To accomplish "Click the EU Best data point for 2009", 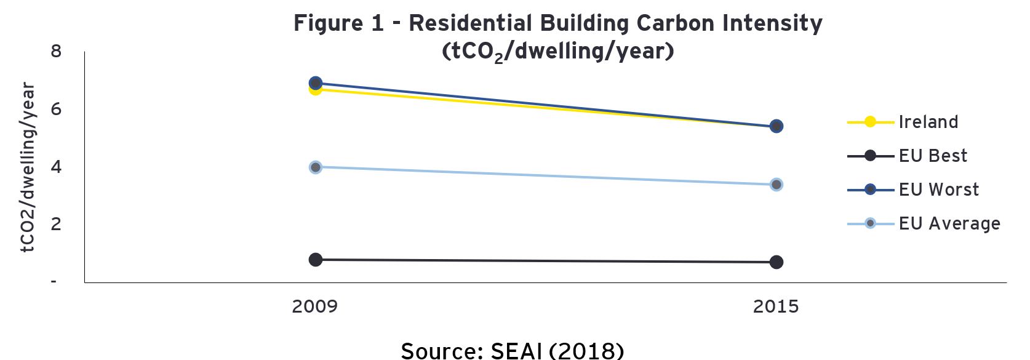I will [x=316, y=260].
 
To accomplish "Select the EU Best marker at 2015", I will [x=776, y=262].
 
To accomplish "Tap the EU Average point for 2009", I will [x=316, y=167].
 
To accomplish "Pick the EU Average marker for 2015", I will [x=776, y=185].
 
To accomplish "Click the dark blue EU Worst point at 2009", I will [x=316, y=82].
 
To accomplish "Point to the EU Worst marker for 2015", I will [x=776, y=126].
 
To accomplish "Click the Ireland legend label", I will [x=928, y=122].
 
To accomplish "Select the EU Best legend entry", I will [x=933, y=156].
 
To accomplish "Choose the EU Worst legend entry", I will [x=938, y=190].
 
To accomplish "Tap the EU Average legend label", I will [x=949, y=223].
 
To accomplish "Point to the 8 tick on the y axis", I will [x=57, y=51].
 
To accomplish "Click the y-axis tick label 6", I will [x=57, y=109].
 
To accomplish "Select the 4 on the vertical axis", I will [x=57, y=167].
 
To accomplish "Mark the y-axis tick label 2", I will [x=57, y=224].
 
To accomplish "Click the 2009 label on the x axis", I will [x=315, y=306].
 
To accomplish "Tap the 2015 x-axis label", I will [x=776, y=306].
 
